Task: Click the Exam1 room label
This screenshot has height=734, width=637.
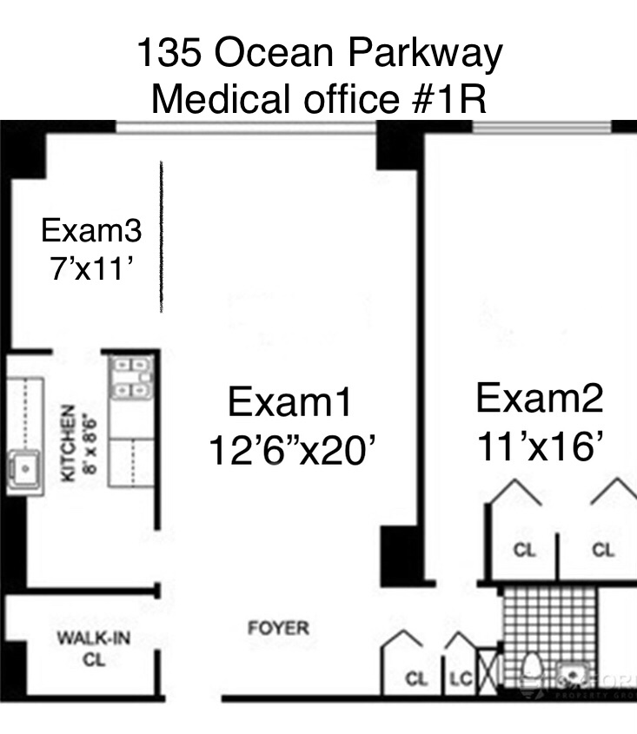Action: (x=290, y=403)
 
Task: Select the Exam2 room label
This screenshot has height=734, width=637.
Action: (x=539, y=399)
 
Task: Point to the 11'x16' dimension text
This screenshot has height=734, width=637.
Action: (x=539, y=446)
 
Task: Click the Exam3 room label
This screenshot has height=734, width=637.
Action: (x=91, y=231)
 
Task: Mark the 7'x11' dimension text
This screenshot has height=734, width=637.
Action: (x=91, y=268)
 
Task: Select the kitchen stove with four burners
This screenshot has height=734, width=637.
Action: (x=131, y=379)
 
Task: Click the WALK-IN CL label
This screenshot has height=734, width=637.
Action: (x=94, y=648)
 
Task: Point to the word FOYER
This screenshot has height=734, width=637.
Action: (x=277, y=627)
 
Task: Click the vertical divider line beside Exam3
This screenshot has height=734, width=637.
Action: (x=162, y=236)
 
